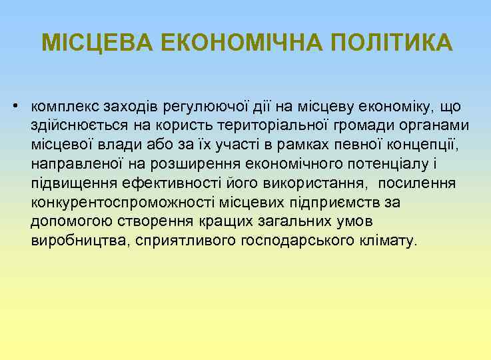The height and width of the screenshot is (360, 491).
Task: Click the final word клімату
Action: pyautogui.click(x=387, y=240)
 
